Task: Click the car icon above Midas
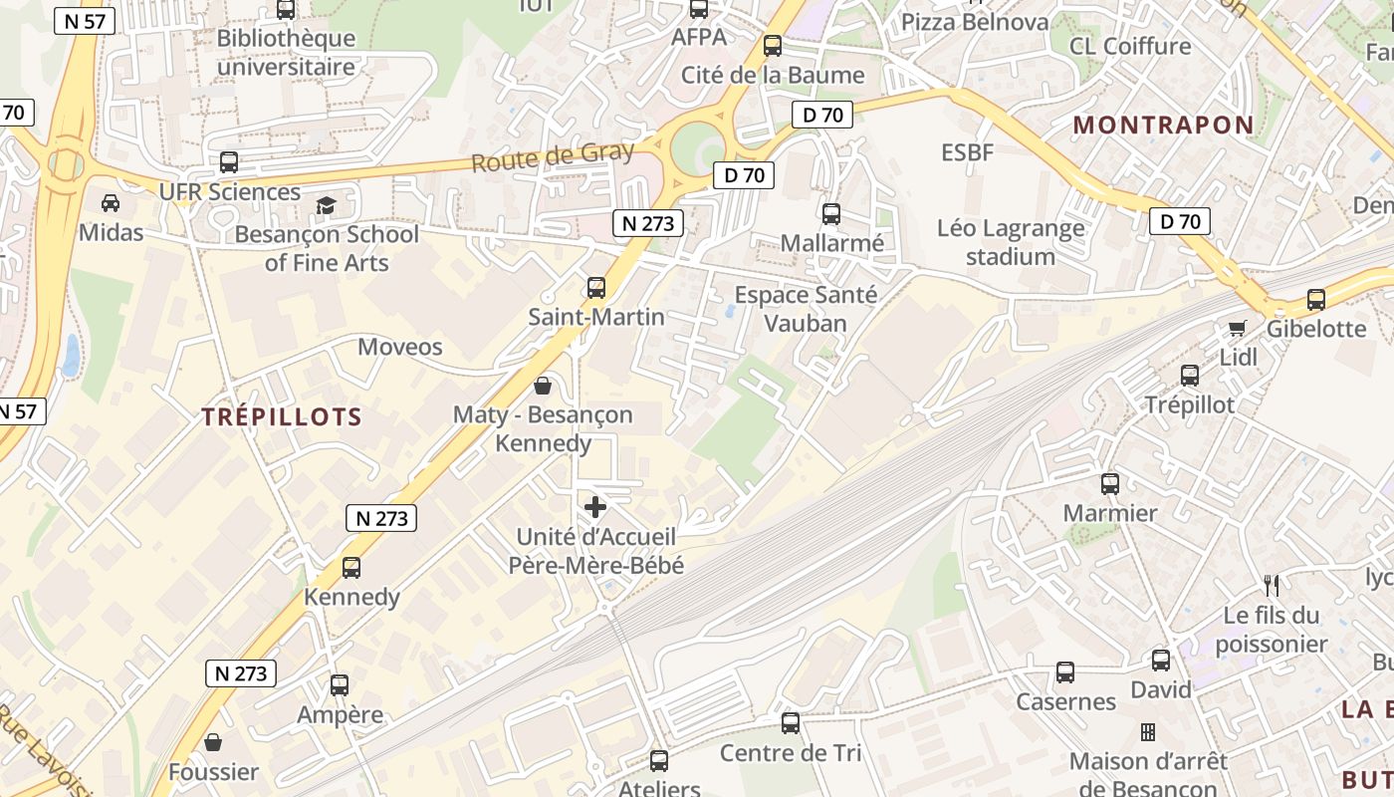(111, 203)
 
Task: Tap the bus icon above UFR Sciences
(229, 162)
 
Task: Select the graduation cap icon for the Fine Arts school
(326, 205)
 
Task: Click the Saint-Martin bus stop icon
(596, 288)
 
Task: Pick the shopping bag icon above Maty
(543, 385)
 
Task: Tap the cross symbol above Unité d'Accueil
(595, 507)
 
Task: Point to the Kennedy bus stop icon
(351, 568)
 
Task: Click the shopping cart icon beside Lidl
(1238, 328)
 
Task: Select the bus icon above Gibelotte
(1316, 299)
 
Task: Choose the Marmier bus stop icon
(1110, 484)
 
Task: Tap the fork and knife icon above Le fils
(1271, 585)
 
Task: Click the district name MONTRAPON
(1164, 125)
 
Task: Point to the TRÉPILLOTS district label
(282, 416)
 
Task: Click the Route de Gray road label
(552, 157)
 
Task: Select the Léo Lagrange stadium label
(1011, 242)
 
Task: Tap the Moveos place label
(399, 347)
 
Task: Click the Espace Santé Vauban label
(806, 309)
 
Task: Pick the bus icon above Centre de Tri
(791, 723)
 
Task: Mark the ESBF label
(968, 152)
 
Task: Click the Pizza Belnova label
(975, 22)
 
